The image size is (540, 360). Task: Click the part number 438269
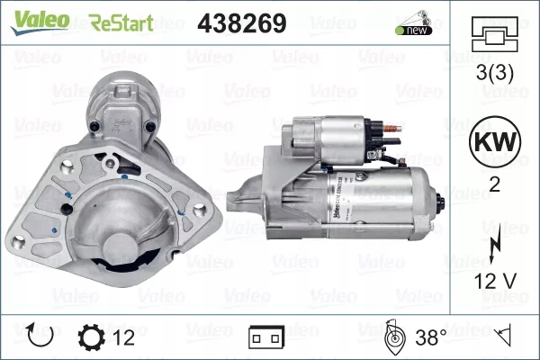coord(240,22)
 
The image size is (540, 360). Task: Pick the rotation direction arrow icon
coord(42,337)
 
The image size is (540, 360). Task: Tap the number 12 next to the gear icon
coord(123,338)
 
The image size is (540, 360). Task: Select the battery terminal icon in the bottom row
coord(266,338)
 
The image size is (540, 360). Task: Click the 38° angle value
coord(430,338)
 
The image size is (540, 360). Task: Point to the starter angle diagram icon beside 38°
coord(393,337)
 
